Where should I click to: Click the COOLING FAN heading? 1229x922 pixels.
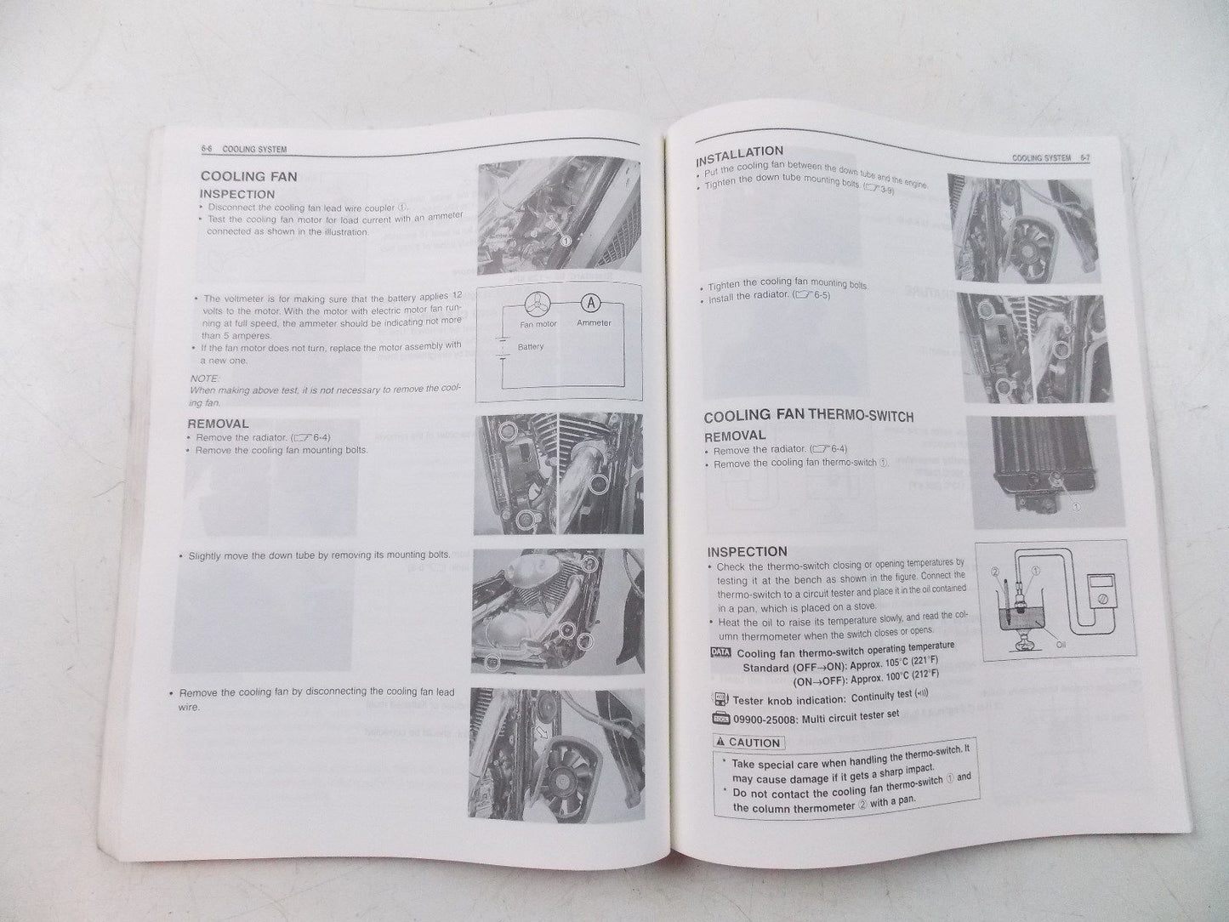(x=248, y=177)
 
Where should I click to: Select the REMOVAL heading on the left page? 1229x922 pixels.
(x=218, y=424)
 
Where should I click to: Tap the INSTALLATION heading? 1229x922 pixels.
(x=739, y=156)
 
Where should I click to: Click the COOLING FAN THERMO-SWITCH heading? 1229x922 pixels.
(x=808, y=417)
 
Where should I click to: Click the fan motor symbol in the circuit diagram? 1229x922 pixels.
(x=537, y=304)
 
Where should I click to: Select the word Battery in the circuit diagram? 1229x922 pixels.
(x=530, y=347)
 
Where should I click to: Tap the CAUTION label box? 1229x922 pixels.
(x=748, y=743)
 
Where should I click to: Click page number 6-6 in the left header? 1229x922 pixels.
(x=207, y=149)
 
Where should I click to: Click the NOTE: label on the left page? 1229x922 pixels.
(x=205, y=377)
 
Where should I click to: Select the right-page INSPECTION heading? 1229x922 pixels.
(x=747, y=551)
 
